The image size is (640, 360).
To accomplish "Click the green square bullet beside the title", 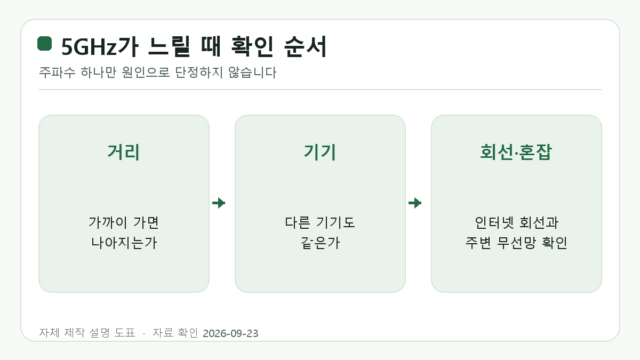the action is click(45, 43).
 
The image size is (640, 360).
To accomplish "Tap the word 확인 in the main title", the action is click(252, 46).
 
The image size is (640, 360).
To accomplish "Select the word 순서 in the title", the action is click(305, 46).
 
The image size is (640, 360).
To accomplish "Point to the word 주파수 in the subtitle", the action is click(57, 73).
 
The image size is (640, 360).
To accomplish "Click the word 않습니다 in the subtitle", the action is click(252, 73).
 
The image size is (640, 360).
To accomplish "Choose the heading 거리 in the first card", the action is click(124, 152).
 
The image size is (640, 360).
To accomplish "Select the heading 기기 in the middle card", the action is click(320, 152).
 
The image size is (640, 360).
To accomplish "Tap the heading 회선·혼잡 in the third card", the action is click(516, 152).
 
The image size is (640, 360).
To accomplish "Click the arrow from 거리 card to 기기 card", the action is click(219, 203).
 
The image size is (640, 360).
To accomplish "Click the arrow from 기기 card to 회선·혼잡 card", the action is click(415, 203).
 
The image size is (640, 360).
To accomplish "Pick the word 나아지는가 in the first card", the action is click(124, 243).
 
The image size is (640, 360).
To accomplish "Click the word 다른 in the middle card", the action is click(298, 222).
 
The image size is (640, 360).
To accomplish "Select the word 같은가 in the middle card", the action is click(321, 243).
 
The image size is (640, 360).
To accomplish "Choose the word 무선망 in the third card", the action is click(516, 243).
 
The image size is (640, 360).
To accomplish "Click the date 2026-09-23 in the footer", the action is click(230, 333).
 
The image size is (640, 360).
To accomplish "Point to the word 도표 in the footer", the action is click(125, 333).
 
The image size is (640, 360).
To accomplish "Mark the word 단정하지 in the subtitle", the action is click(199, 73).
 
